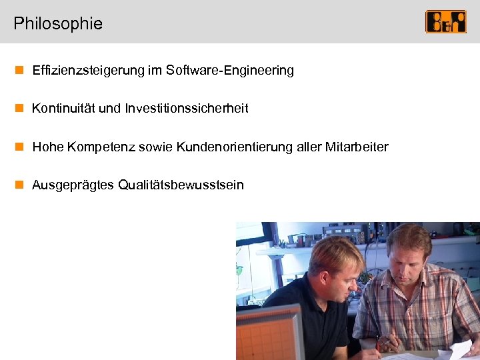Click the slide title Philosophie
click(x=58, y=24)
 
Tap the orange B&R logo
click(x=445, y=22)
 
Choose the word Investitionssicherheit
click(x=186, y=108)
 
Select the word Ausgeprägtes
click(x=73, y=185)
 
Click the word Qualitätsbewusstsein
click(x=181, y=185)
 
